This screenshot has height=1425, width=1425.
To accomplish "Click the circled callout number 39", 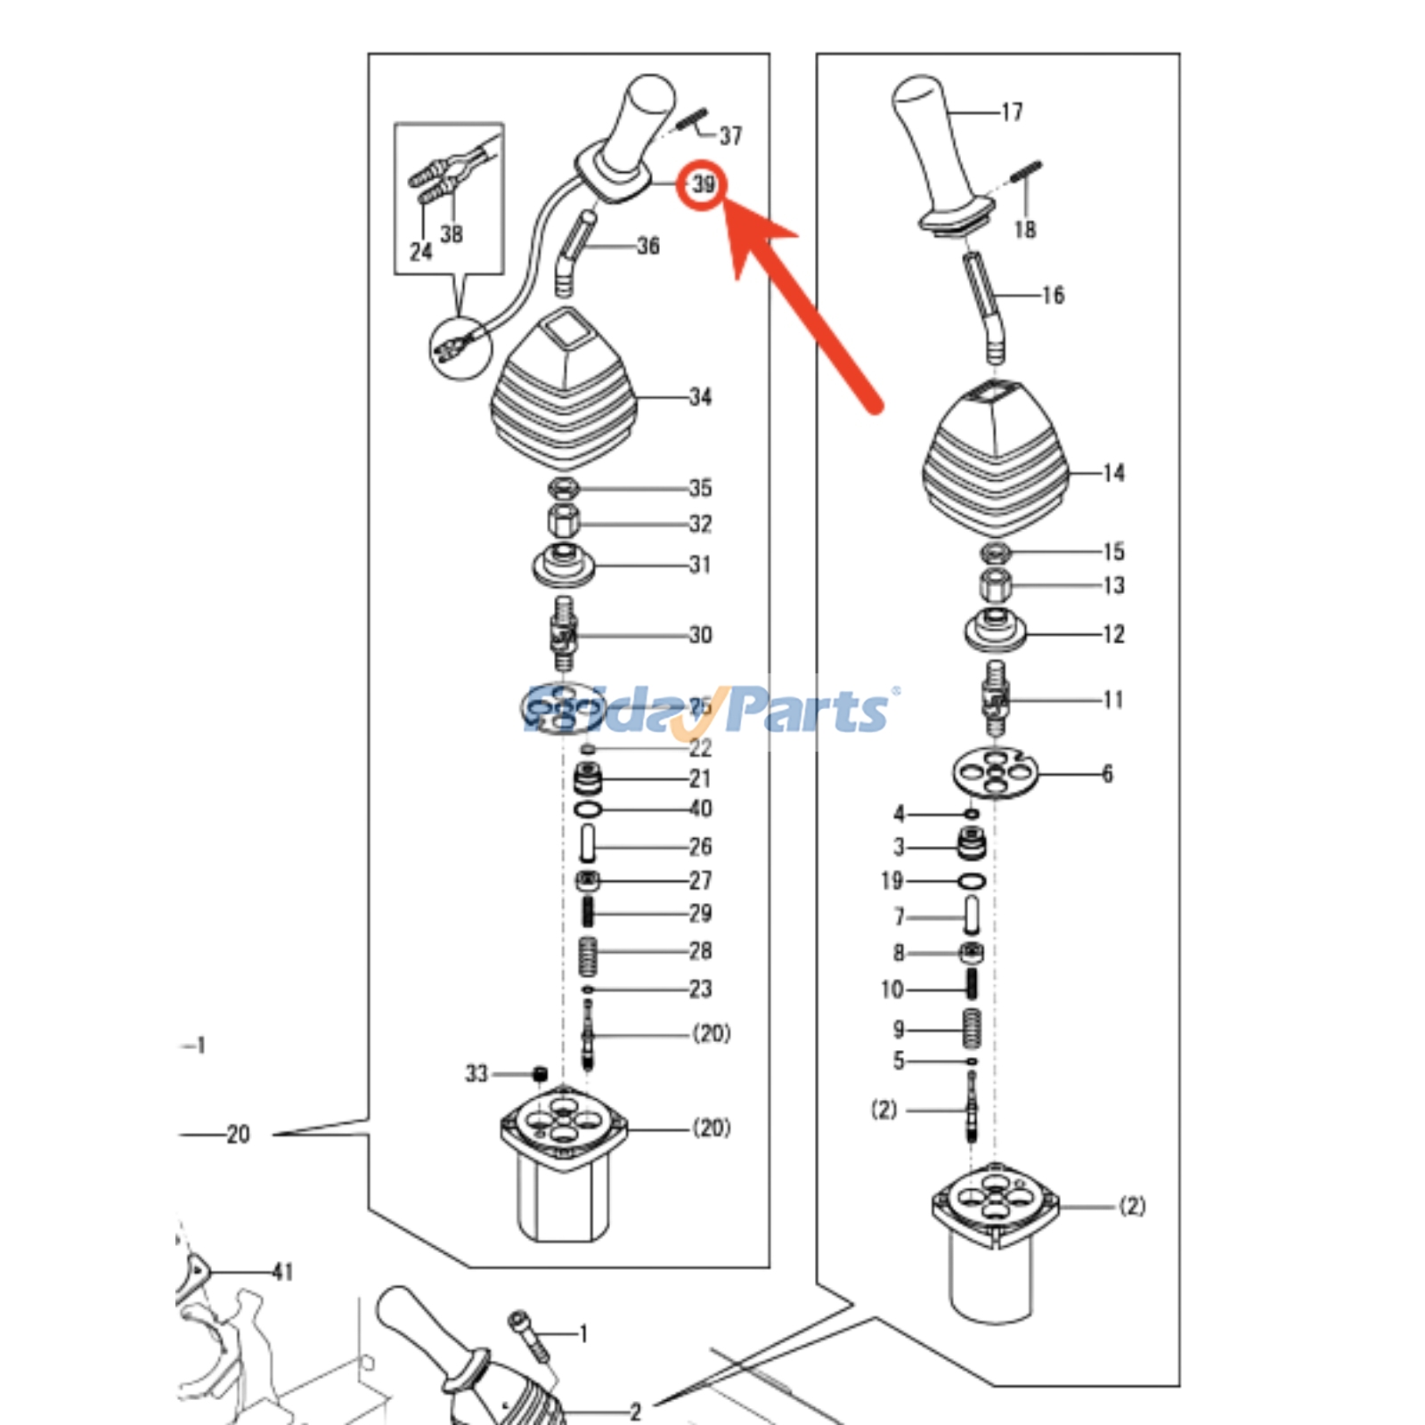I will pos(704,184).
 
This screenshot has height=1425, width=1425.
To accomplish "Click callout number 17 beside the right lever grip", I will pos(1012,112).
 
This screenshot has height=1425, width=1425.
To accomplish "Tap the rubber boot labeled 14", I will pos(995,463).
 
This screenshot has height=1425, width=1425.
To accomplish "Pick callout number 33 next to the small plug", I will pos(476,1073).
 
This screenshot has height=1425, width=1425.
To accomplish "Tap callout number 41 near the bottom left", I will pos(282,1272).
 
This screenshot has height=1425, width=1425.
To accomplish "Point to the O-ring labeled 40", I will pos(588,809).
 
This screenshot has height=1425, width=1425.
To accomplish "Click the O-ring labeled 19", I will pos(972,881).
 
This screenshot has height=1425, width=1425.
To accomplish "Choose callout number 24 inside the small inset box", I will pos(420,252).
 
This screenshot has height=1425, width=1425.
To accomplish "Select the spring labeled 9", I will pos(972,1029).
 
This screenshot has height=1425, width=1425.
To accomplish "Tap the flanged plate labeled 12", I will pos(995,631).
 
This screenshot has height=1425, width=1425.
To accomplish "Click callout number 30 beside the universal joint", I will pos(700,635).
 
